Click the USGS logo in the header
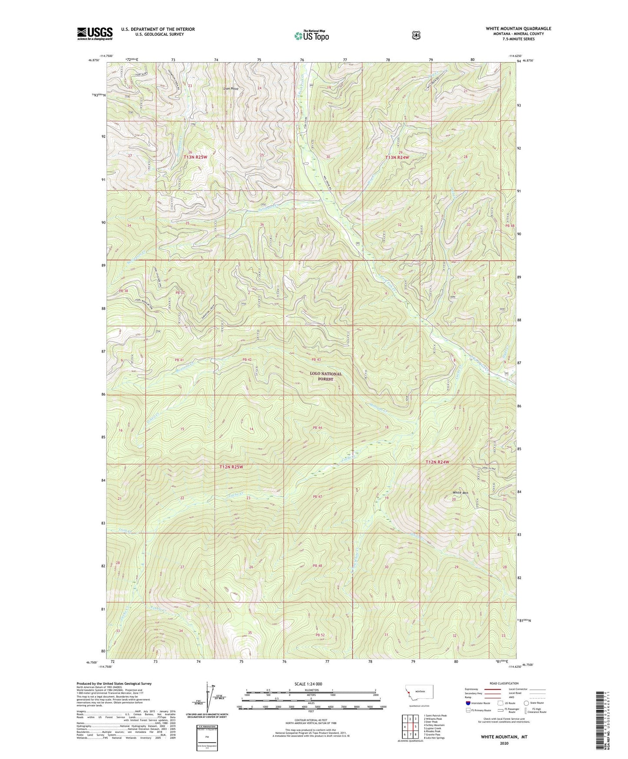[x=95, y=33]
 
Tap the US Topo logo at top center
[x=311, y=36]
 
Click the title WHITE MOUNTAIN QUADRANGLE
[x=518, y=29]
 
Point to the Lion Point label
[x=231, y=89]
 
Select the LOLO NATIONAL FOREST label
[x=326, y=376]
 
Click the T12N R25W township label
[x=231, y=467]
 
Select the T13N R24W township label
[x=397, y=157]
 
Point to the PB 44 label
[x=317, y=428]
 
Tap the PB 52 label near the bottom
[x=320, y=635]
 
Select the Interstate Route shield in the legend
[x=468, y=703]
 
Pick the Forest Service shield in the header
[x=416, y=35]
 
